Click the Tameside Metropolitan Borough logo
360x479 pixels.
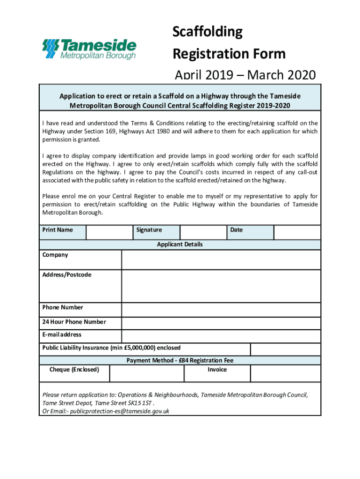click(x=89, y=49)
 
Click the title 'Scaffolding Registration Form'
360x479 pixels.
click(x=229, y=43)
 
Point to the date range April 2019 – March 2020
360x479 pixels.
click(x=245, y=75)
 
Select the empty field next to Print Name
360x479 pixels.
click(x=109, y=232)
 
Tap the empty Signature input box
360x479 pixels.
click(x=203, y=232)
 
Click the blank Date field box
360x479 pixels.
click(x=297, y=232)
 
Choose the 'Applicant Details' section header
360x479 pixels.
click(x=180, y=245)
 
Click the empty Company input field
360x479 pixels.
click(x=221, y=260)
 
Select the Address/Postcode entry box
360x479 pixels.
click(x=221, y=286)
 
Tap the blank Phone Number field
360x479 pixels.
click(x=221, y=310)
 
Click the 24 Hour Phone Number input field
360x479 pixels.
click(x=221, y=323)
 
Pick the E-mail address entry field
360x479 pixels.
click(x=221, y=336)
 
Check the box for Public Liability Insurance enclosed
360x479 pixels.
click(x=285, y=349)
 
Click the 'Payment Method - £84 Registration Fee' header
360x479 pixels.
click(x=180, y=360)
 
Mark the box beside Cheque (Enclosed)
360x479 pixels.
click(x=147, y=373)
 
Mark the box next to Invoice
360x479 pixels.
click(x=285, y=373)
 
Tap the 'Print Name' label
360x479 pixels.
click(x=58, y=230)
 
